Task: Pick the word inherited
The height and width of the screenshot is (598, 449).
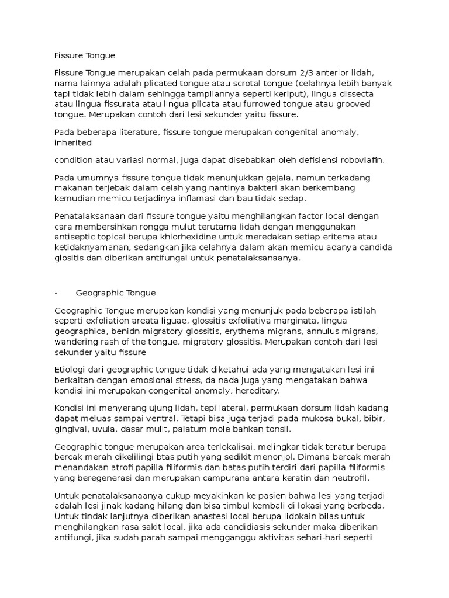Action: tap(72, 142)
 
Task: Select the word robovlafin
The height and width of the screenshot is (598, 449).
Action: tap(366, 160)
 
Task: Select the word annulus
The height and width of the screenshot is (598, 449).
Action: tap(334, 332)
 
